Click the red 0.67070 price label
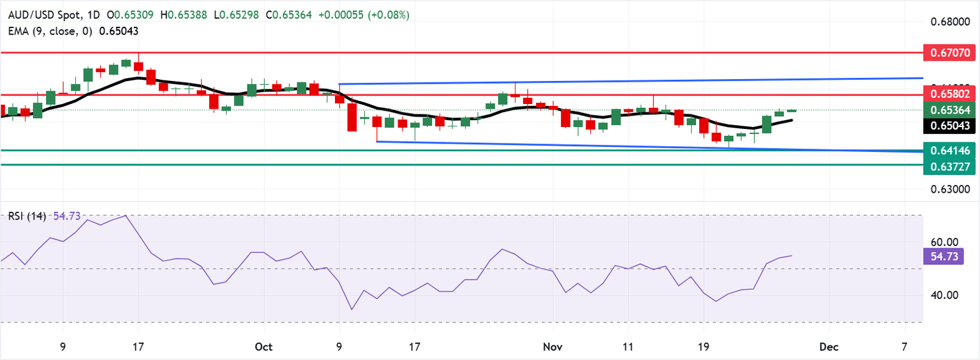pos(949,52)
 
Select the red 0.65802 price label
pos(949,94)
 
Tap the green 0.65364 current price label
pos(949,110)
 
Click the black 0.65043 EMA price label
pos(949,126)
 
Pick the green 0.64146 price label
pos(949,151)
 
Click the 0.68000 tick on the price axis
pos(949,22)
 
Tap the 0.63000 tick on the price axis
pos(949,190)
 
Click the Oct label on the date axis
pos(264,347)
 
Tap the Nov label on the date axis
pos(553,347)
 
